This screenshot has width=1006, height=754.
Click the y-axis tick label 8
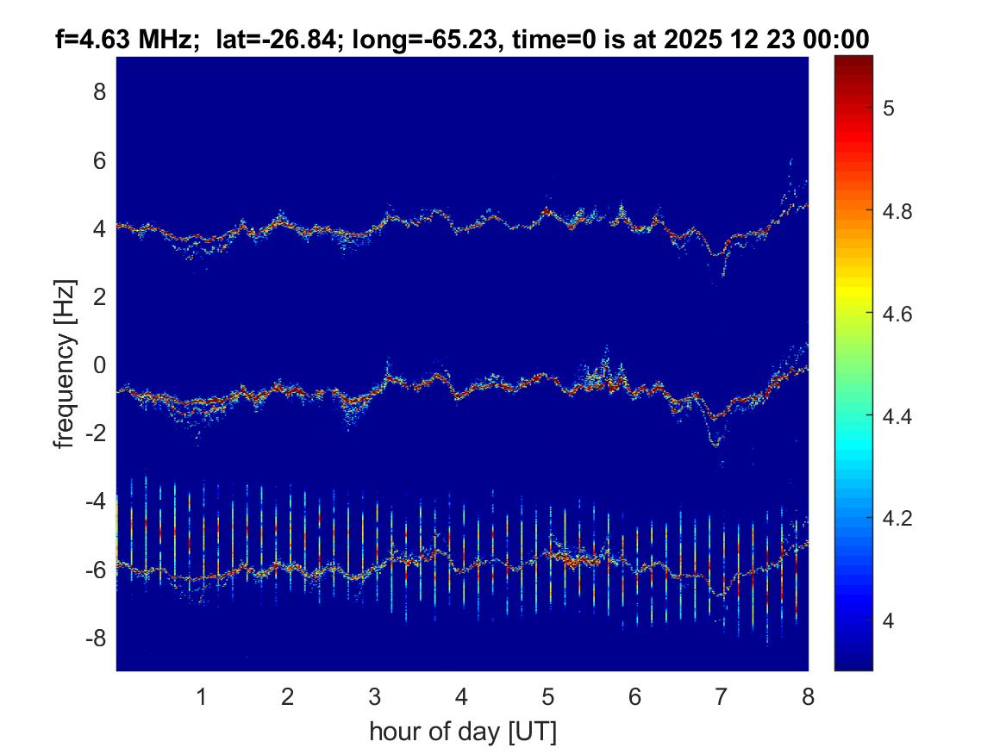(99, 91)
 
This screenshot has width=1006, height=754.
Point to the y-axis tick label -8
(96, 639)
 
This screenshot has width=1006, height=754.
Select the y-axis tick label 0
(99, 365)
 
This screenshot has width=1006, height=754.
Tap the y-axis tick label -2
(96, 433)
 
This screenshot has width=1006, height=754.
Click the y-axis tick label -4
(96, 502)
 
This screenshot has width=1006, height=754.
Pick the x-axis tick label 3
(375, 696)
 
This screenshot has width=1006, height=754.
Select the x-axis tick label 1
(202, 696)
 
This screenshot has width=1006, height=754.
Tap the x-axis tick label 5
(548, 696)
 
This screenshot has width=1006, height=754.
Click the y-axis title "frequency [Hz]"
(65, 364)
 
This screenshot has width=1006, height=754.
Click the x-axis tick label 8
(808, 696)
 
